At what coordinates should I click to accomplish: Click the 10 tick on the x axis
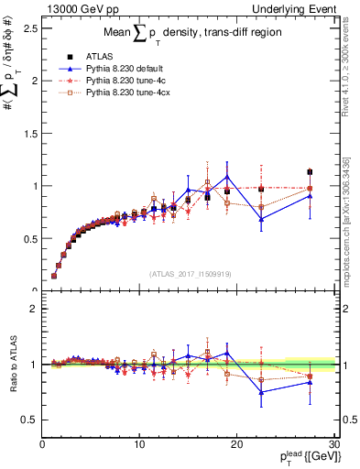click(x=139, y=444)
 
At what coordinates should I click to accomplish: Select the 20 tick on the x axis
click(x=236, y=444)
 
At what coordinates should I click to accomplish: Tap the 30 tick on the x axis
click(x=333, y=444)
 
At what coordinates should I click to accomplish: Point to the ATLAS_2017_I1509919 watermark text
click(x=190, y=273)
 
